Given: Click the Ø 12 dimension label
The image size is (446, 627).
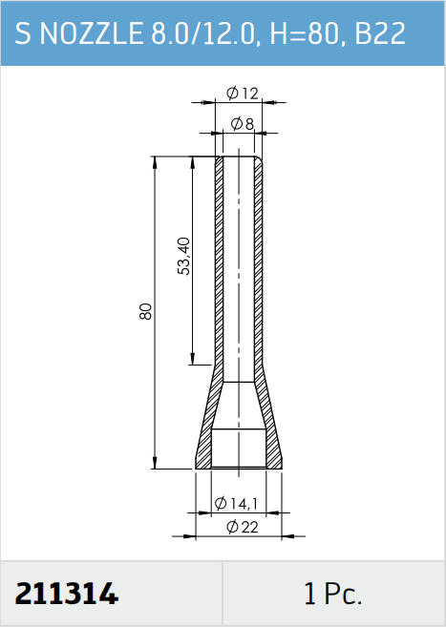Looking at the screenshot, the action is [242, 94].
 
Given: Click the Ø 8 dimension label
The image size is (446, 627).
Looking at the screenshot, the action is [243, 124].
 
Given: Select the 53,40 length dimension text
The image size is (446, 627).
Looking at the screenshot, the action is [184, 256].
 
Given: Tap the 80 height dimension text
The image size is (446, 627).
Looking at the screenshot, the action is [146, 311].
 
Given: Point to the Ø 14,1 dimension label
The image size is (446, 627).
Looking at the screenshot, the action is [236, 504].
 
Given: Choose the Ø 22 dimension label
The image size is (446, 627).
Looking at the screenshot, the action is [243, 527].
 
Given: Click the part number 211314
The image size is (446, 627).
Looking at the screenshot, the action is [67, 594].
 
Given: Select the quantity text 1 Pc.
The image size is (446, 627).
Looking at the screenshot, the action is [332, 594].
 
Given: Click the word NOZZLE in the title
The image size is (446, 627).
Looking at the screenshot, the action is [92, 33].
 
